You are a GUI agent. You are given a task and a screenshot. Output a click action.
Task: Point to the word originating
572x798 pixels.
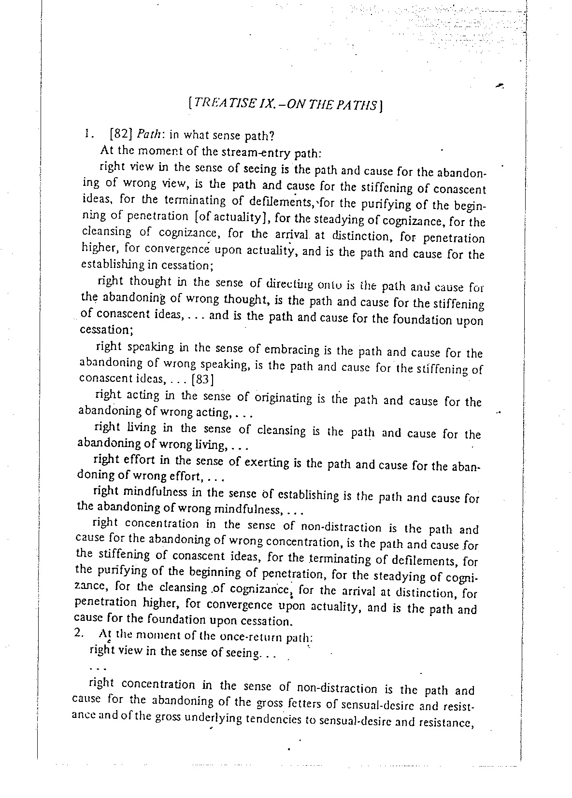point(284,399)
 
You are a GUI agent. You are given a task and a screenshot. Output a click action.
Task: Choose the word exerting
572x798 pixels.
point(267,463)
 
